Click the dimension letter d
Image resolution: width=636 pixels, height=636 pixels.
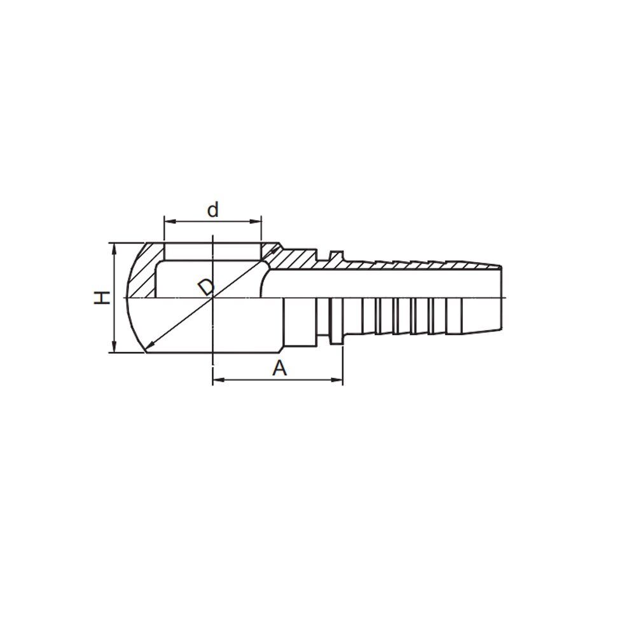click(x=213, y=210)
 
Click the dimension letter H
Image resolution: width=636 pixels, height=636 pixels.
click(x=102, y=298)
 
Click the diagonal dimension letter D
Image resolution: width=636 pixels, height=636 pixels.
click(x=207, y=287)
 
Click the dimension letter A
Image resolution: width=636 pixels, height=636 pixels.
click(x=279, y=368)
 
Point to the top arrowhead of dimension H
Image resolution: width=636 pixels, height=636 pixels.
click(x=114, y=248)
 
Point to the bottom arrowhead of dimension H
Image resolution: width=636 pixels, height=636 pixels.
click(x=114, y=347)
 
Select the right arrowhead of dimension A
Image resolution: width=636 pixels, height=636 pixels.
click(x=338, y=380)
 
